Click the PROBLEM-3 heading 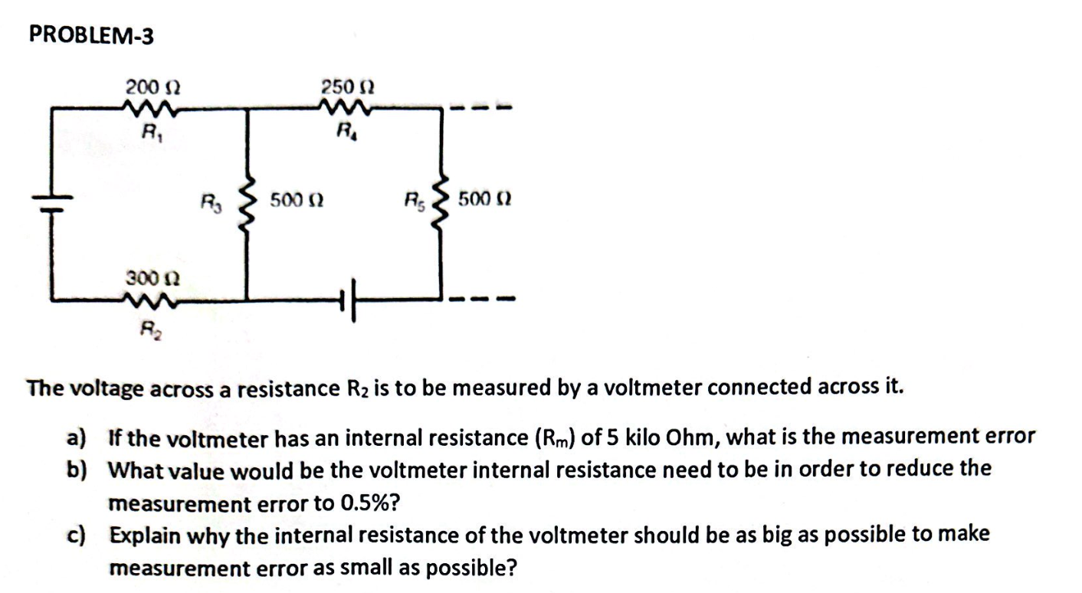91,35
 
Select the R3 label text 209,205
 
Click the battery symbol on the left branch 51,201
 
